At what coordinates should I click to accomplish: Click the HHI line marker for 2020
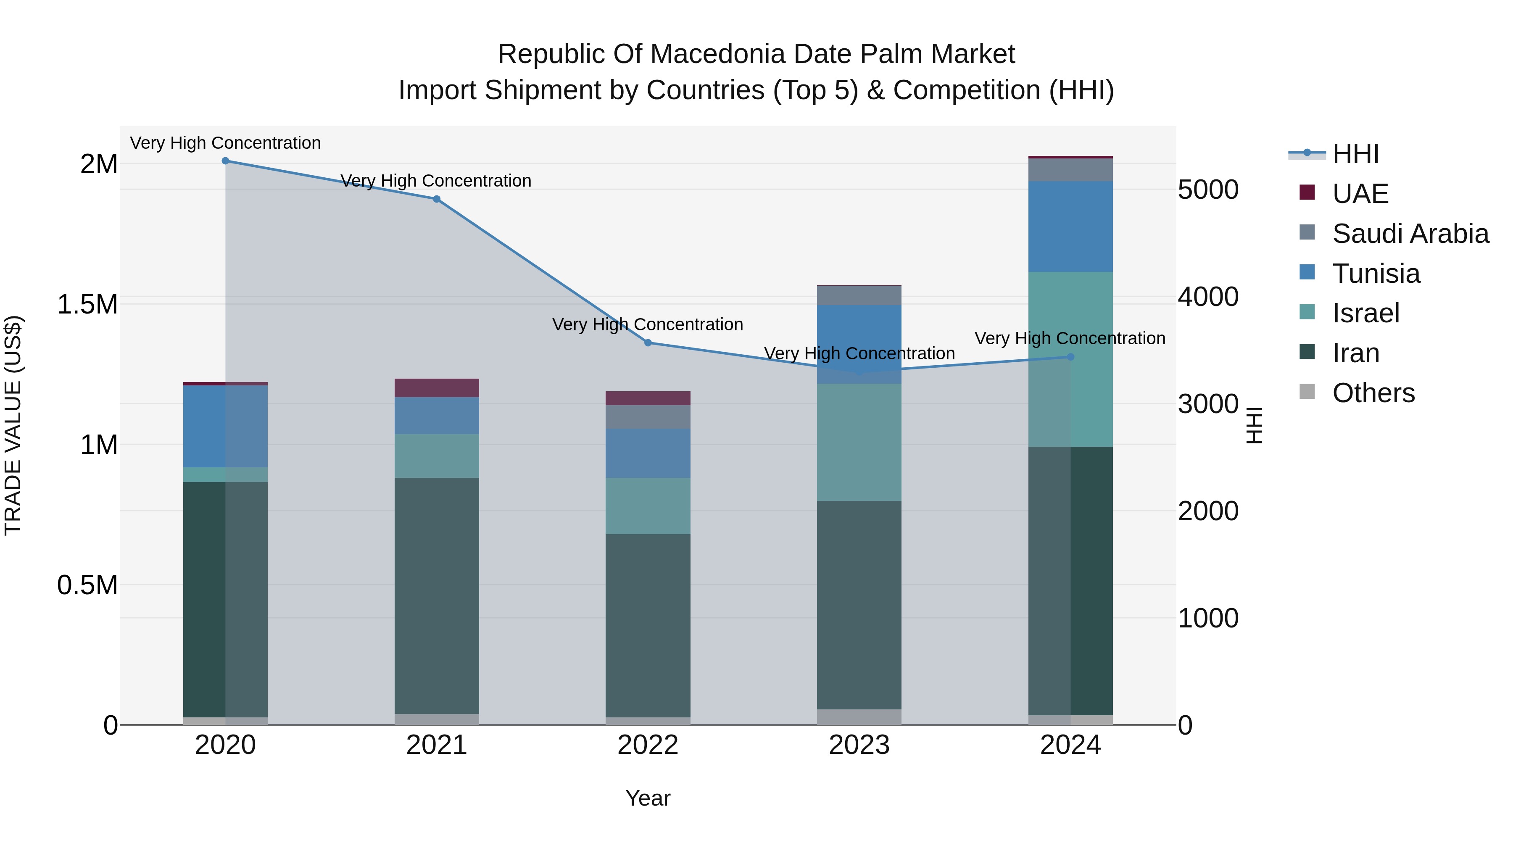click(226, 161)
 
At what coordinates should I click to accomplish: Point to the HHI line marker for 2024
click(1070, 357)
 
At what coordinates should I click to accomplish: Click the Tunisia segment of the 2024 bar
click(1070, 227)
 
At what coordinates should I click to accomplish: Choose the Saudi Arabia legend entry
click(1410, 234)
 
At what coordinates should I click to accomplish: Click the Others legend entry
click(1373, 393)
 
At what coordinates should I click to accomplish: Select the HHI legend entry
click(1355, 154)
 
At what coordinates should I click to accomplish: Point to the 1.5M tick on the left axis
click(87, 305)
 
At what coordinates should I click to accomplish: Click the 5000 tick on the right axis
click(1209, 190)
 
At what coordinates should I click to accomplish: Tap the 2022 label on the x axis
click(648, 745)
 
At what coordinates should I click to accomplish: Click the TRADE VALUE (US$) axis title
click(13, 425)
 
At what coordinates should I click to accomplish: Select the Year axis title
click(648, 798)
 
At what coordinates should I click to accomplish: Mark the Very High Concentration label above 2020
click(226, 143)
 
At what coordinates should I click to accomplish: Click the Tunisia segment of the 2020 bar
click(226, 427)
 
